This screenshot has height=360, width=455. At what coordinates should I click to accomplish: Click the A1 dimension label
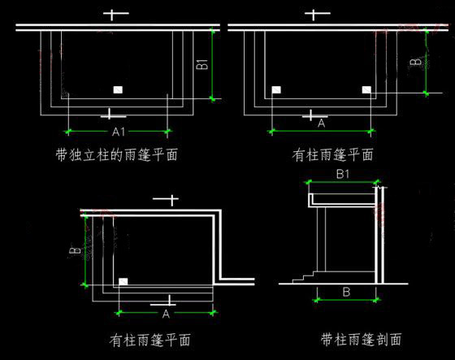(119, 132)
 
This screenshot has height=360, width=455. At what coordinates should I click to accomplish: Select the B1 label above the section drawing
(343, 174)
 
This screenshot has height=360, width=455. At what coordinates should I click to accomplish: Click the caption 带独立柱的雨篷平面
(117, 154)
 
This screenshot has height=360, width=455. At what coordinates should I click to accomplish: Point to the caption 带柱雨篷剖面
(362, 339)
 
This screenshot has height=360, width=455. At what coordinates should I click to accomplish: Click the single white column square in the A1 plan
(118, 89)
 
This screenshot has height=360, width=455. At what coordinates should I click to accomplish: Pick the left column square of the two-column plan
(276, 89)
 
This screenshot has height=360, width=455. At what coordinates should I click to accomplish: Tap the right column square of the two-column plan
(366, 89)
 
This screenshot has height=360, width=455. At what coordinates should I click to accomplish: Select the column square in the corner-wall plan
(123, 282)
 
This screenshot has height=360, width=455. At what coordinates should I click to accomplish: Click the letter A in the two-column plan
(321, 124)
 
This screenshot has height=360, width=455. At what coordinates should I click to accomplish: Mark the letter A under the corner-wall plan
(166, 314)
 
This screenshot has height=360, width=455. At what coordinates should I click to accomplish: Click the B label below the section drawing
(346, 292)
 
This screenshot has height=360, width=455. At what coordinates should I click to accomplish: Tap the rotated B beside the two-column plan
(415, 62)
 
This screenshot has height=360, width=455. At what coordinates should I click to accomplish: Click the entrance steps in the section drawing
(304, 277)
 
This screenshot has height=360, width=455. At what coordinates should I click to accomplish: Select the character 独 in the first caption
(76, 154)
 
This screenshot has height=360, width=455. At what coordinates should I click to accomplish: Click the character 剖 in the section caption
(383, 339)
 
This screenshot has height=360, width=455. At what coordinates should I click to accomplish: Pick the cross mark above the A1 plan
(115, 14)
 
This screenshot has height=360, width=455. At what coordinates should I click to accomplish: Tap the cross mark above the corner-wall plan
(166, 200)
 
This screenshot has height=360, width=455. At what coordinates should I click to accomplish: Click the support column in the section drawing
(322, 240)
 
